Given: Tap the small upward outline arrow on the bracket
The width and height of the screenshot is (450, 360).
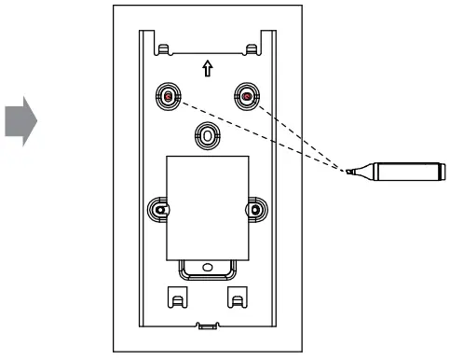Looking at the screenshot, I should click(207, 69).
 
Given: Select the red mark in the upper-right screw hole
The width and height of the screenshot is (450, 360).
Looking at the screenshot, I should click(246, 95).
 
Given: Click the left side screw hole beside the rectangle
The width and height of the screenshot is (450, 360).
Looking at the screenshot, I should click(159, 209).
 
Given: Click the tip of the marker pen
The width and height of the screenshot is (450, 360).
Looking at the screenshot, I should click(347, 173).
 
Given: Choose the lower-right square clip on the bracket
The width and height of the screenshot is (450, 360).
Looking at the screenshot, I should click(238, 298).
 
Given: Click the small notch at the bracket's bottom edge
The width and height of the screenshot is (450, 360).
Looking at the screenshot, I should click(206, 325).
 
